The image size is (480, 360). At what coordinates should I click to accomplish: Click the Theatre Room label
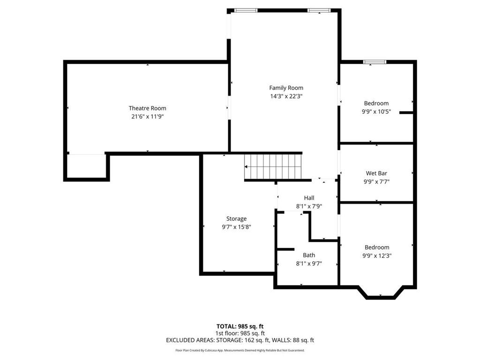[x=147, y=108]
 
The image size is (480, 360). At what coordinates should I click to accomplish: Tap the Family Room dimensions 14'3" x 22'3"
[x=286, y=96]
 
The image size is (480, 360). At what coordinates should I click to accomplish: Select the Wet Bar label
[x=376, y=173]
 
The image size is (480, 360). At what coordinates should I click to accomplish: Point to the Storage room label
[x=236, y=218]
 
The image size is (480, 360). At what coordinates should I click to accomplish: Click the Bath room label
[x=308, y=255]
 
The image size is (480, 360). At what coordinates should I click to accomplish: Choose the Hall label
[x=308, y=198]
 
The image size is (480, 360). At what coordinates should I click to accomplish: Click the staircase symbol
[x=273, y=166]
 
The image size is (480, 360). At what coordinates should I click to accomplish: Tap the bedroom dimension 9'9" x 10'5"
[x=376, y=112]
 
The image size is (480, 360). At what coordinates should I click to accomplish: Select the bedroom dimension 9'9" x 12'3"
[x=376, y=256]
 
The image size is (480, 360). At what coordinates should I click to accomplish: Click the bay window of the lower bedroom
[x=381, y=294]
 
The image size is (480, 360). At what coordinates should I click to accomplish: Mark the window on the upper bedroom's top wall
[x=375, y=61]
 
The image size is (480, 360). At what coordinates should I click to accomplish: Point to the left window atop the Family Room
[x=246, y=10]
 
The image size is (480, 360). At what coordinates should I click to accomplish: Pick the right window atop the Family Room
[x=319, y=10]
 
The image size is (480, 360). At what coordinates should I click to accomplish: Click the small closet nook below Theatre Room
[x=86, y=166]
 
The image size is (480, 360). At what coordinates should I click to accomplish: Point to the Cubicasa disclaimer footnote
[x=240, y=350]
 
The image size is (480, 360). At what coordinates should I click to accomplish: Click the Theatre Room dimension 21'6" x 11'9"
[x=147, y=117]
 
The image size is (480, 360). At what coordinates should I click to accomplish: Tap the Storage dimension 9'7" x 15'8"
[x=236, y=227]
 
